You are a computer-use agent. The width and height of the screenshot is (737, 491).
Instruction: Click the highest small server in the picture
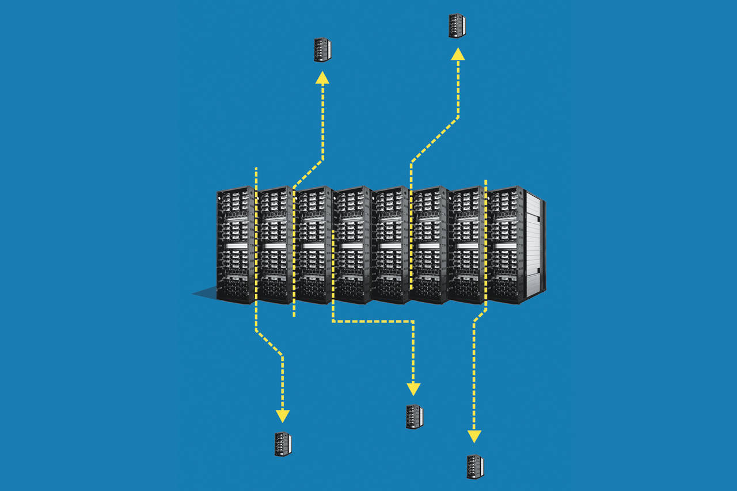pos(457,26)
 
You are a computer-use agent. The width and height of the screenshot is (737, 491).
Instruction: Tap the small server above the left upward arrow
pos(322,50)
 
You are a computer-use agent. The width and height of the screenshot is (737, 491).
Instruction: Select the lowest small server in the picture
pos(475,467)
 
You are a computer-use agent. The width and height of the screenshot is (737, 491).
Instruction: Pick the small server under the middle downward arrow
pos(414,417)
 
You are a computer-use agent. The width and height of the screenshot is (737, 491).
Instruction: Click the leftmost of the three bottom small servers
pos(283,444)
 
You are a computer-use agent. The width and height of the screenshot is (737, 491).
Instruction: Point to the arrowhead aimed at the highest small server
pos(458,54)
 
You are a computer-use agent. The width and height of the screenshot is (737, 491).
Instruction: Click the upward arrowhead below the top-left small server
pos(322,78)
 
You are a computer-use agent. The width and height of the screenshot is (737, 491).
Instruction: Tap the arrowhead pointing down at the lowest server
pos(474,436)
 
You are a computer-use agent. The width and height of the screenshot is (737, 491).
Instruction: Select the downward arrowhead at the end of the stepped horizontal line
pos(413,389)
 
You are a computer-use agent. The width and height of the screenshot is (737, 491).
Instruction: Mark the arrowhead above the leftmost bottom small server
pos(282,416)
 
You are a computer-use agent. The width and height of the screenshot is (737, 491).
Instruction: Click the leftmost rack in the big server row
pos(235,245)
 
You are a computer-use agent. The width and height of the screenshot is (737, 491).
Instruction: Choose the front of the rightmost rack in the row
pos(505,245)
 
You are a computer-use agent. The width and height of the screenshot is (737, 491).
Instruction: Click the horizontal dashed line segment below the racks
pos(373,321)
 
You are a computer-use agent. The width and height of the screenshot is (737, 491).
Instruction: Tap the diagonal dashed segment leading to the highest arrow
pos(435,141)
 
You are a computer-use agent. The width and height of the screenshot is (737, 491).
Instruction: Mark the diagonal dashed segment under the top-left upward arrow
pos(308,173)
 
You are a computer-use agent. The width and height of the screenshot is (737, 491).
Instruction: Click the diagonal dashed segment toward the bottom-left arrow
pos(269,344)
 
